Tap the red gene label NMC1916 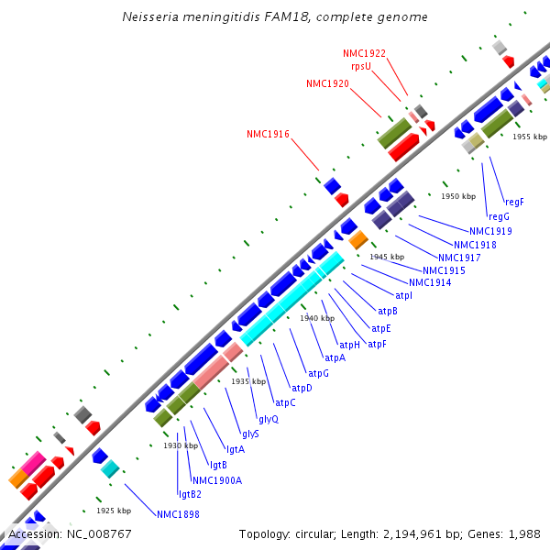(268, 134)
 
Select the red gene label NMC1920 (327, 83)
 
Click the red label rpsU (360, 66)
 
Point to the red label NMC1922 (364, 54)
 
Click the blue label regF (514, 202)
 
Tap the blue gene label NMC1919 (490, 231)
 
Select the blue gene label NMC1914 (430, 282)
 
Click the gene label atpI (403, 295)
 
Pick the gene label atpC (285, 402)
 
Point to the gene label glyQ (268, 418)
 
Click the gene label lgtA (235, 449)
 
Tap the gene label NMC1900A (217, 479)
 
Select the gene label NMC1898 (178, 514)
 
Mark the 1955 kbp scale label (529, 137)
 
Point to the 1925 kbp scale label (114, 511)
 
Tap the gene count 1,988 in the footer (523, 533)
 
